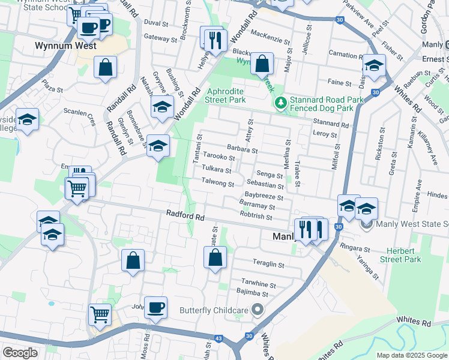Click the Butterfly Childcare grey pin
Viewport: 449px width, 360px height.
(x=258, y=310)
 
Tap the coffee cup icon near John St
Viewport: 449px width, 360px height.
(x=156, y=308)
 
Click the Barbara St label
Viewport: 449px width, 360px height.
(x=242, y=148)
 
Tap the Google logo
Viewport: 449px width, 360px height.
(x=20, y=353)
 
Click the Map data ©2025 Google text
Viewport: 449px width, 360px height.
(x=411, y=355)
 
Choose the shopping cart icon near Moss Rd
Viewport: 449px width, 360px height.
(x=100, y=313)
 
